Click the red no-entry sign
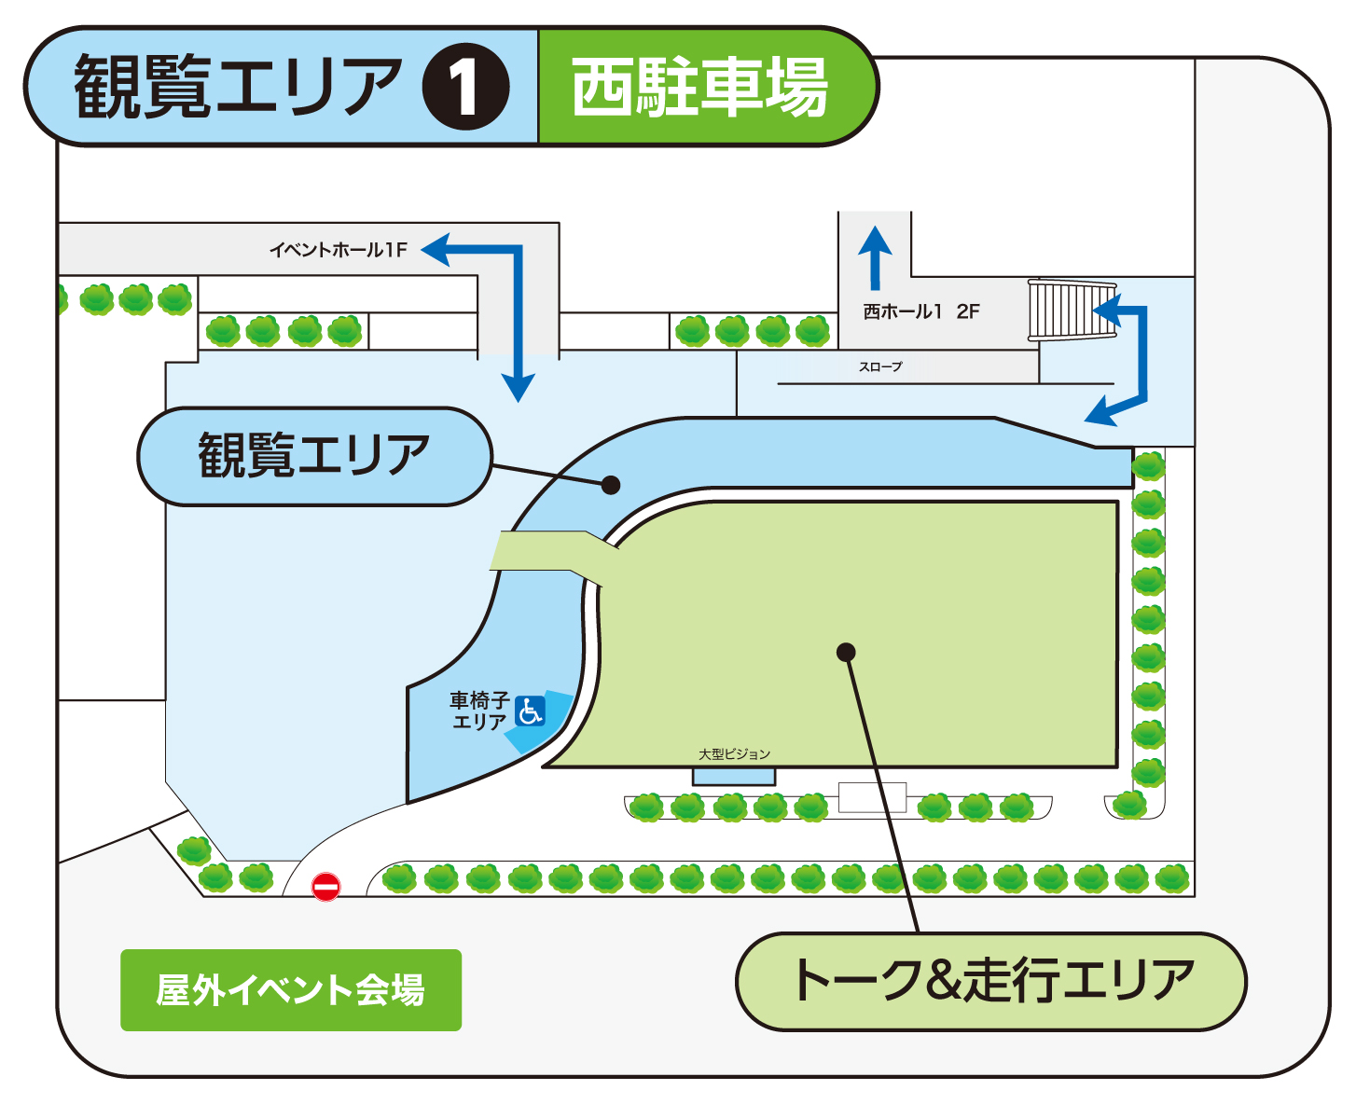(x=325, y=887)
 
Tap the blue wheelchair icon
(x=530, y=711)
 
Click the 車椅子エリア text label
(x=479, y=711)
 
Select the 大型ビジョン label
(x=735, y=753)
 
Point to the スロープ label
(x=880, y=367)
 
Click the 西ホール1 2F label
(x=920, y=312)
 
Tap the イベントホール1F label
(x=339, y=250)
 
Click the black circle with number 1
(x=465, y=87)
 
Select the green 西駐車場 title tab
(x=701, y=88)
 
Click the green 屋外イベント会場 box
(x=291, y=989)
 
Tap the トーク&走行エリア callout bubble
(x=991, y=981)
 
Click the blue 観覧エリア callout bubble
(x=314, y=456)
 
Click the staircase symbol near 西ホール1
(x=1072, y=310)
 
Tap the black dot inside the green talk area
(x=846, y=652)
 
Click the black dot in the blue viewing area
(x=611, y=485)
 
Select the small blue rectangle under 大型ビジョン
(x=734, y=777)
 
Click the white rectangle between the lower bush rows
(x=872, y=797)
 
